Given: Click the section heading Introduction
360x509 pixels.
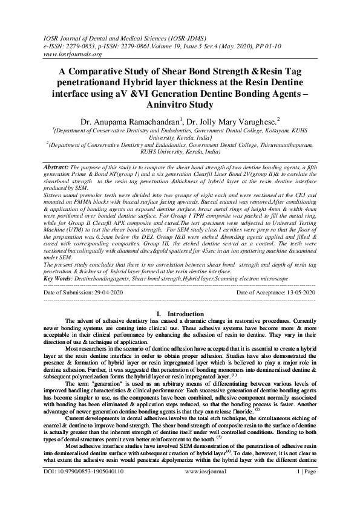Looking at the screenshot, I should tap(185, 314).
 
